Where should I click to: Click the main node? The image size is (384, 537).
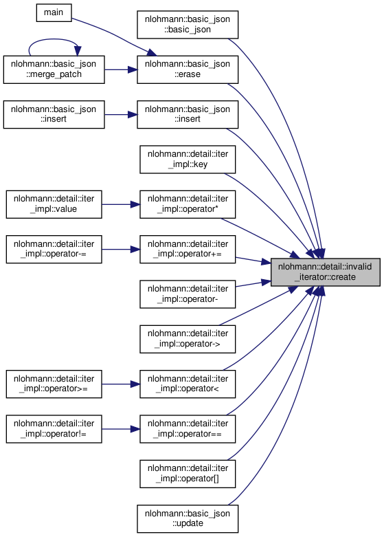coord(54,12)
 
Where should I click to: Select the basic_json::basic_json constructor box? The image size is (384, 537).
coord(188,24)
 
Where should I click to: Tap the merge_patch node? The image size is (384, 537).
coord(54,69)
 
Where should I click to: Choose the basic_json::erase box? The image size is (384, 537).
coord(188,69)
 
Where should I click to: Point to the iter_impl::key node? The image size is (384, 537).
coord(188,160)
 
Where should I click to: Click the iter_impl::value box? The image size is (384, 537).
coord(54,204)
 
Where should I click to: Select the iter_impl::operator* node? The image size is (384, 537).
coord(188,204)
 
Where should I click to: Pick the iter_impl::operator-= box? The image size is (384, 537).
coord(54,250)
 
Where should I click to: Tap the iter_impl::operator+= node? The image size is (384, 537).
coord(188,250)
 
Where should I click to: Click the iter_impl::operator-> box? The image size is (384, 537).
coord(188,339)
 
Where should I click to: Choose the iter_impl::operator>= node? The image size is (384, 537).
coord(54,384)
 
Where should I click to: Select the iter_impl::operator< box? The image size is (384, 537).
coord(188,384)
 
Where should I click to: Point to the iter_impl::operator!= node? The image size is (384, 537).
coord(54,429)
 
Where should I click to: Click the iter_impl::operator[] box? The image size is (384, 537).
coord(188,474)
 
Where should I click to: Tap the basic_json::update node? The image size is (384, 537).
coord(188,519)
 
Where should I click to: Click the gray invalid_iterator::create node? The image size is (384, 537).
coord(326,272)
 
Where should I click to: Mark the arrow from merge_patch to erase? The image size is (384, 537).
coord(121,69)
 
